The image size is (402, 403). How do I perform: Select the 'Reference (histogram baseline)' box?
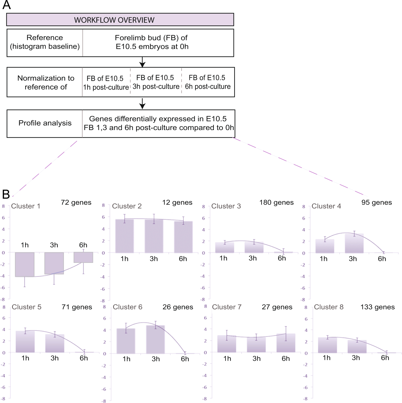[x=45, y=42]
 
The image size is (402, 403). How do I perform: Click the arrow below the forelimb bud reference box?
[x=142, y=62]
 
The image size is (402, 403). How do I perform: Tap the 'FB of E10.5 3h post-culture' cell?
[x=156, y=82]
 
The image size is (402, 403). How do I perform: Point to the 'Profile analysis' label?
[x=45, y=123]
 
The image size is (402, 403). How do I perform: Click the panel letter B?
[x=6, y=194]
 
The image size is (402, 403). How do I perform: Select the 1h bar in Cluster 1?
[x=25, y=264]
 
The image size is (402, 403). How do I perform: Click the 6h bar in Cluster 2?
[x=183, y=237]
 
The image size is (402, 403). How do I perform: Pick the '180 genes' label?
[x=276, y=203]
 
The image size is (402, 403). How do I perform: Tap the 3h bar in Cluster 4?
[x=354, y=243]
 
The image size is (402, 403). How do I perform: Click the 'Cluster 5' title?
[x=26, y=307]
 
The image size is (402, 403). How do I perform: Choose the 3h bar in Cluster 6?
[x=155, y=339]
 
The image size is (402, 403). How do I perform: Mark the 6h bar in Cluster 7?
[x=286, y=343]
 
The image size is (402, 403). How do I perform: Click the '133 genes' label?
[x=377, y=307]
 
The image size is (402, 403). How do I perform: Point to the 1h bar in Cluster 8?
[x=327, y=345]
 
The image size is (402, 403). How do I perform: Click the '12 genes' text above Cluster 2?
[x=177, y=203]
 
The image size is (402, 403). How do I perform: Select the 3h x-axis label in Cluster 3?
[x=253, y=258]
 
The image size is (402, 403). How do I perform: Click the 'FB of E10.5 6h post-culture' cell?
[x=208, y=82]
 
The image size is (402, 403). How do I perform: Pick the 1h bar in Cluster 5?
[x=25, y=342]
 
